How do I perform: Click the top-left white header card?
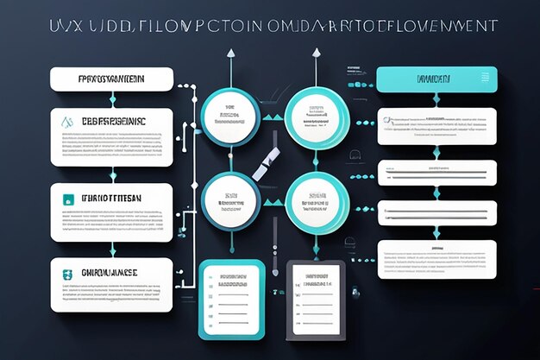click(111, 79)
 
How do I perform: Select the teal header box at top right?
click(436, 79)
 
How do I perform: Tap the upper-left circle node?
click(229, 117)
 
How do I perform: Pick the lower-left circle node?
click(229, 201)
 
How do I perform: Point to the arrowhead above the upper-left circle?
click(230, 54)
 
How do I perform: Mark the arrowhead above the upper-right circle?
click(316, 54)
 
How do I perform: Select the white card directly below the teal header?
click(436, 126)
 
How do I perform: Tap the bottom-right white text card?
click(436, 259)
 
